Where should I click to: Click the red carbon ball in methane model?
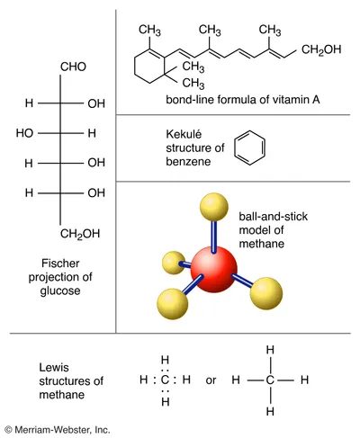point(214,269)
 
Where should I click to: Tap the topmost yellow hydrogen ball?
point(214,207)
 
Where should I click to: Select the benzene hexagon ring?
point(250,147)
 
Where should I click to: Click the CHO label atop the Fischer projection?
point(73,67)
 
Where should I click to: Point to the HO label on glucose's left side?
point(24,133)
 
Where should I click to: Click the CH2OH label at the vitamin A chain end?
point(321,49)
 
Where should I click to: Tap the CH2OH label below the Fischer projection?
point(80,234)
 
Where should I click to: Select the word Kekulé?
point(184,134)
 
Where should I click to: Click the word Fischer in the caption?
point(60,264)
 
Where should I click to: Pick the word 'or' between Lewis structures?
point(211,380)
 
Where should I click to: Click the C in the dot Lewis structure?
point(166,380)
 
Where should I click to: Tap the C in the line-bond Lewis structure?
point(270,380)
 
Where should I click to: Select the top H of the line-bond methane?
point(270,350)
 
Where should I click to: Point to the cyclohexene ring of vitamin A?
point(149,65)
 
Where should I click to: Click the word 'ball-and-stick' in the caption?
point(274,217)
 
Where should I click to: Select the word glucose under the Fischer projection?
point(60,291)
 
